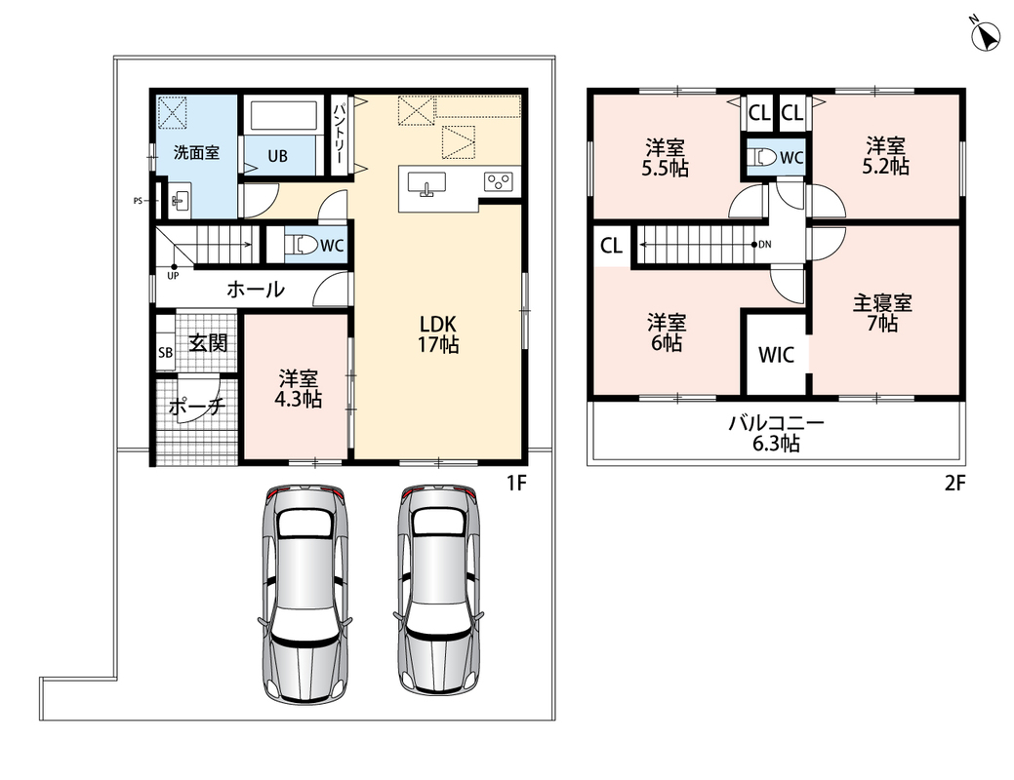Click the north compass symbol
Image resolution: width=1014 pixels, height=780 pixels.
(x=986, y=35)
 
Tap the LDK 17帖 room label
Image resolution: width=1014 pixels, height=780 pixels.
(x=438, y=333)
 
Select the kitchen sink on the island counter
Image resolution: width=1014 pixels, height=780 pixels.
(x=426, y=183)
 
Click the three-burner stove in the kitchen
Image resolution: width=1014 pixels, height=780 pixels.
(x=499, y=181)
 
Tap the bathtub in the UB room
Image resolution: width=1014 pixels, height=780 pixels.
(x=283, y=115)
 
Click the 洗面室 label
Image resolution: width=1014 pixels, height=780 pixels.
(x=196, y=152)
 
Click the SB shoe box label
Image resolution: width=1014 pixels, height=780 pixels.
(x=166, y=352)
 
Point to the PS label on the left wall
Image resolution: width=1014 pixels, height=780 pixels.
(x=138, y=201)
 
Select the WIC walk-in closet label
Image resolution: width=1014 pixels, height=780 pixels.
(x=775, y=354)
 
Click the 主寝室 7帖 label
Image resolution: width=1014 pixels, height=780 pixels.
(x=882, y=312)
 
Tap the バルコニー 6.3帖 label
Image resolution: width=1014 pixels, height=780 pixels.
(x=776, y=433)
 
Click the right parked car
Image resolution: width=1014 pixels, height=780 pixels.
(x=438, y=593)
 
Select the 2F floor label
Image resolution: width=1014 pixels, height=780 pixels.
(x=954, y=483)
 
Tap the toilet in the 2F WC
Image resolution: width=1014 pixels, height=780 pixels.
(x=763, y=157)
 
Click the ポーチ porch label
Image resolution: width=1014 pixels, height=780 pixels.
(x=196, y=407)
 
